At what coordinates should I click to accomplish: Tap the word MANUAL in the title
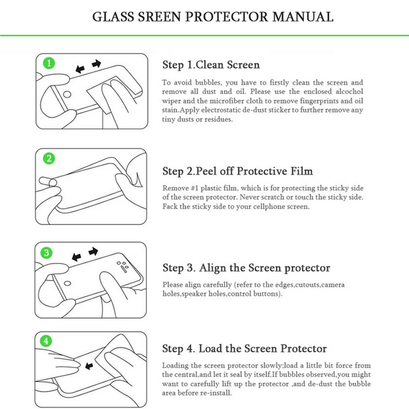pos(303,17)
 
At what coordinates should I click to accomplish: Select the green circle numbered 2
pos(49,159)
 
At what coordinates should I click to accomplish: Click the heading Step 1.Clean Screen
pos(211,65)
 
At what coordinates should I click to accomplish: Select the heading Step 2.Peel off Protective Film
pos(237,171)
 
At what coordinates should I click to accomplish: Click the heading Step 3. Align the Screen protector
pos(246,268)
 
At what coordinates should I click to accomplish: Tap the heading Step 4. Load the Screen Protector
pos(244,349)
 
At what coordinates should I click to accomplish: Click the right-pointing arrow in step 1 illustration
pos(97,64)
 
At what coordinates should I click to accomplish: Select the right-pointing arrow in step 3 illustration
pos(93,252)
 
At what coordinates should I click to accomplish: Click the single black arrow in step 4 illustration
pos(89,366)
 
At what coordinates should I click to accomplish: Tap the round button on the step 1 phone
pos(67,95)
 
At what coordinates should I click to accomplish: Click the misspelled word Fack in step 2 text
pos(169,207)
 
